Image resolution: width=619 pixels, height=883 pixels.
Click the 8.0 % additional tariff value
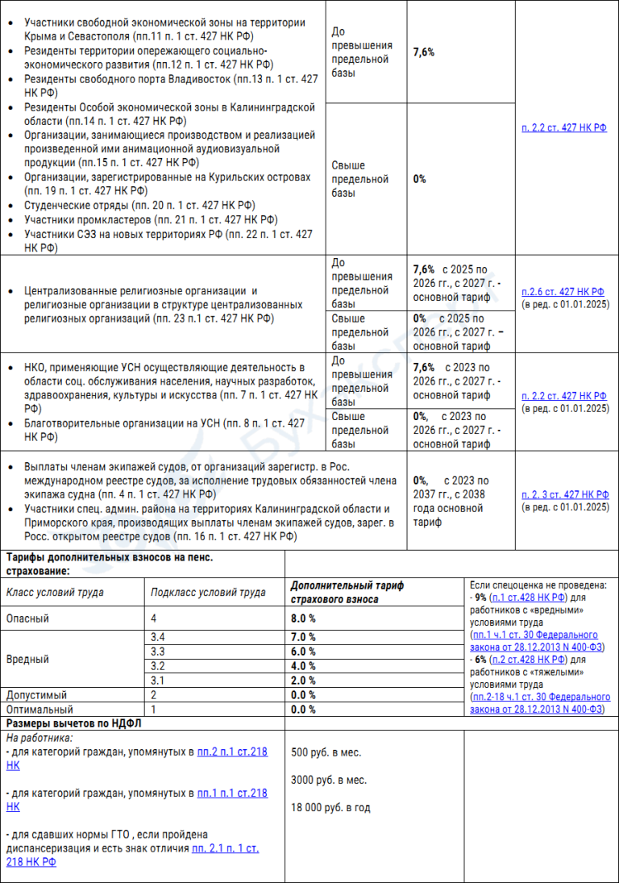pyautogui.click(x=303, y=619)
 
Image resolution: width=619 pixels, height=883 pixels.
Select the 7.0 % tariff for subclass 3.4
pyautogui.click(x=303, y=637)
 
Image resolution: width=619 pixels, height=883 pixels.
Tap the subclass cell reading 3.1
pyautogui.click(x=158, y=681)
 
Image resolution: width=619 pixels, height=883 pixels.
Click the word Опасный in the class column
pyautogui.click(x=28, y=619)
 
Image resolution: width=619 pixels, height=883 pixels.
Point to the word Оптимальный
pyautogui.click(x=36, y=710)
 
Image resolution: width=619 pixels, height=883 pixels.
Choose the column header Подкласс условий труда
pyautogui.click(x=208, y=593)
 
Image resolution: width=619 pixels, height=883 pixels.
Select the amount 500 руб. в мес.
pyautogui.click(x=326, y=752)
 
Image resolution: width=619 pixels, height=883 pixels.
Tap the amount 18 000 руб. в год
pyautogui.click(x=330, y=807)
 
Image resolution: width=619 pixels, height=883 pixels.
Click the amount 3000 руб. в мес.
pyautogui.click(x=329, y=780)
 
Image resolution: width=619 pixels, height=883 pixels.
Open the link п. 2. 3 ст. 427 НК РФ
pyautogui.click(x=564, y=494)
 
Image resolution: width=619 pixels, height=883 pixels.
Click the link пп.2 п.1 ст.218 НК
pyautogui.click(x=232, y=752)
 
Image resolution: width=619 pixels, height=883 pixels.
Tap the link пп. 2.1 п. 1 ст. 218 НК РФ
pyautogui.click(x=225, y=848)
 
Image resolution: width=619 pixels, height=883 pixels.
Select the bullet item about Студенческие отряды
pyautogui.click(x=139, y=206)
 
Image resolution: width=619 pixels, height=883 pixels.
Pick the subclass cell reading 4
pyautogui.click(x=153, y=619)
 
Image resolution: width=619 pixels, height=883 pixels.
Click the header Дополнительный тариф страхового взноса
pyautogui.click(x=347, y=593)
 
